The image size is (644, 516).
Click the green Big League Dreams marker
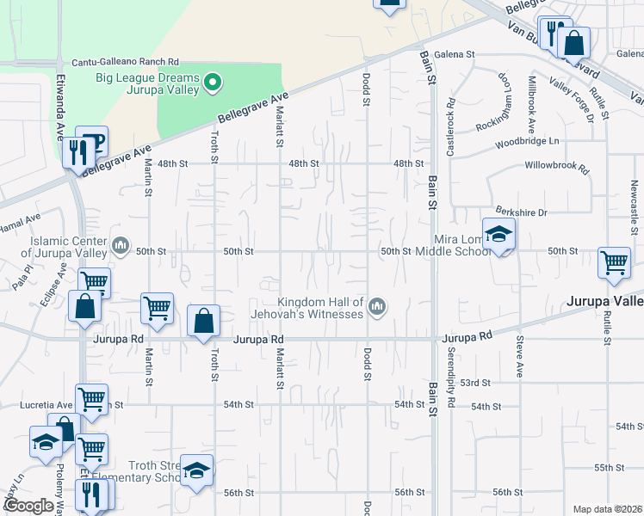tap(213, 84)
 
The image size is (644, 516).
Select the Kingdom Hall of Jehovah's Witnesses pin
tap(376, 307)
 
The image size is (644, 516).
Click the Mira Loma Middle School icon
tap(498, 235)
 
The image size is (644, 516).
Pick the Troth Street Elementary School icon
tap(196, 471)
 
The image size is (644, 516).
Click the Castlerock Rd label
tap(450, 126)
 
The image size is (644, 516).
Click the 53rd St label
tap(475, 382)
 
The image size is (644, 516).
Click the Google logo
tap(28, 506)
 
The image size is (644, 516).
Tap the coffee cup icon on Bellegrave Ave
tap(91, 142)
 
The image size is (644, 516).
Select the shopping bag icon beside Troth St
tap(202, 322)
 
